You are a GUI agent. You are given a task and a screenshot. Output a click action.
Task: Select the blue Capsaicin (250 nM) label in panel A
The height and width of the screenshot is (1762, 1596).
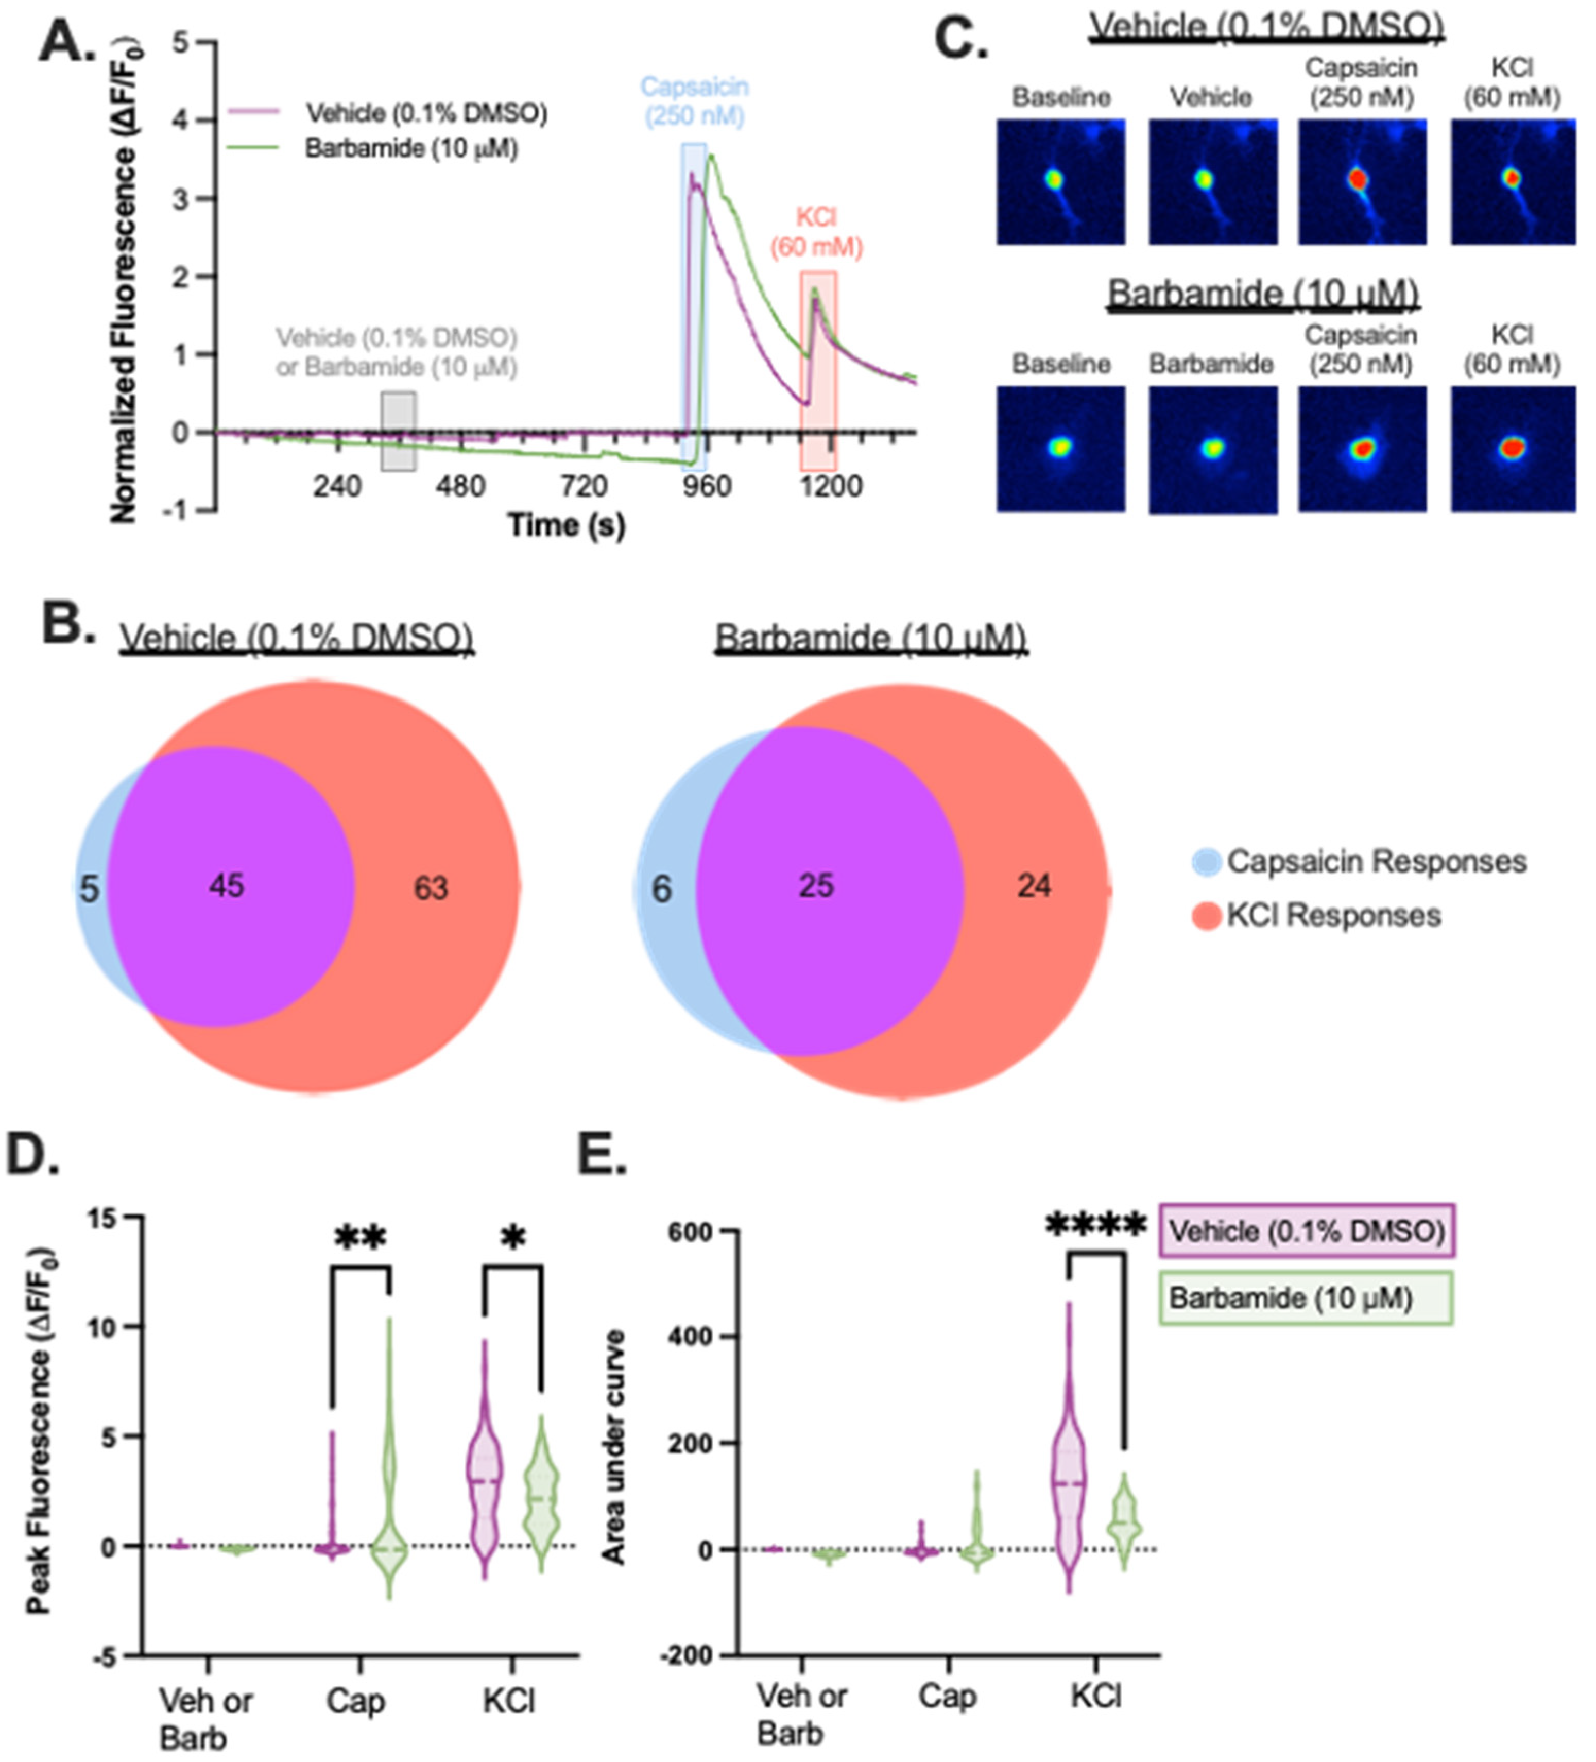[695, 100]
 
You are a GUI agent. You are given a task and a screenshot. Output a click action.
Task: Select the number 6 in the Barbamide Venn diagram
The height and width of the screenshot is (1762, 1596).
[662, 889]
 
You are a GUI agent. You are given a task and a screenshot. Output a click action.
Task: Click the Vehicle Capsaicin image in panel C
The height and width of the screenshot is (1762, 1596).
[1362, 182]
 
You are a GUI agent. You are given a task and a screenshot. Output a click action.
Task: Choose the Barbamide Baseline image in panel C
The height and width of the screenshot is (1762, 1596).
[1060, 449]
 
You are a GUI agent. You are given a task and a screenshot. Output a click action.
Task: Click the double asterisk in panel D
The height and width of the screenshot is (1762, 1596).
[360, 1239]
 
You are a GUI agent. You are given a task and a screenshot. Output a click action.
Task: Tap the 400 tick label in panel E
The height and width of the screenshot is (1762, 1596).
[691, 1337]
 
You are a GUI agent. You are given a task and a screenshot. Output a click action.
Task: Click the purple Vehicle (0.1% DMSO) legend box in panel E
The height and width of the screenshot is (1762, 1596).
[1306, 1231]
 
